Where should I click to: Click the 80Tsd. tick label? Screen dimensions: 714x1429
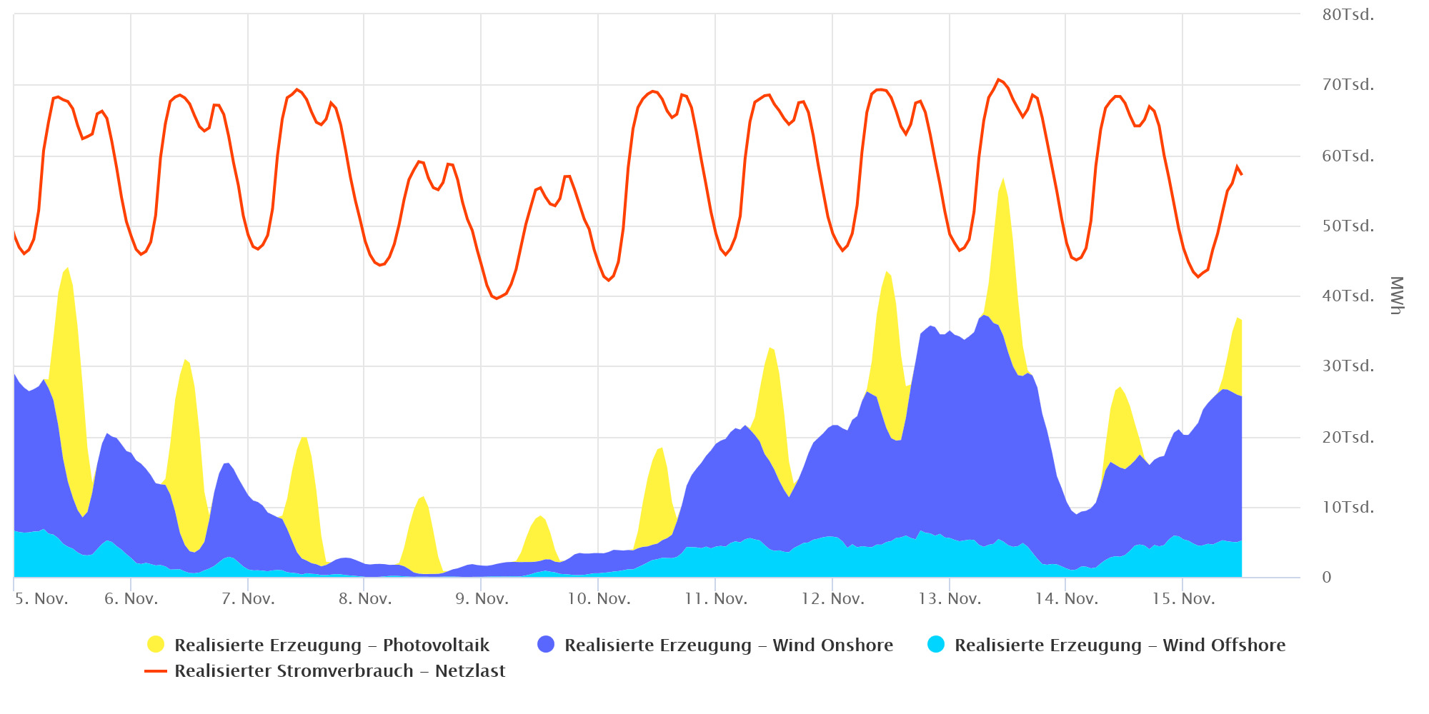point(1348,15)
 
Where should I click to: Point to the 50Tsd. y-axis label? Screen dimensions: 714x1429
point(1348,226)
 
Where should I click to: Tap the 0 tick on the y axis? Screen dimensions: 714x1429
point(1327,578)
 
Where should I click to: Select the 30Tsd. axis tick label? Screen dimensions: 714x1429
point(1348,366)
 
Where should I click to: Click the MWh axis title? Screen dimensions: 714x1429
point(1397,295)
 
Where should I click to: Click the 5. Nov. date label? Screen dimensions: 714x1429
point(41,599)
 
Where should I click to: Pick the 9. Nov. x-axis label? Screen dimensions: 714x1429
point(482,599)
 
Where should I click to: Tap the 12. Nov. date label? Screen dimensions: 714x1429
point(832,599)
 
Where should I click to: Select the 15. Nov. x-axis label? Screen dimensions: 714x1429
point(1183,599)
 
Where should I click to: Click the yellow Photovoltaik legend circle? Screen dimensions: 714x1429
point(156,645)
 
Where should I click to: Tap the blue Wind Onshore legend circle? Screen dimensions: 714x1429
point(546,645)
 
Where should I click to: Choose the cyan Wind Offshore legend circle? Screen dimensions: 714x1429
point(936,645)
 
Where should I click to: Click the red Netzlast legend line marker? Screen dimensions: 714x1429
point(156,671)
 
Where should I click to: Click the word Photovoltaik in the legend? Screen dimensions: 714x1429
point(436,645)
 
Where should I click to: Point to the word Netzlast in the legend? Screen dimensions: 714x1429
point(470,671)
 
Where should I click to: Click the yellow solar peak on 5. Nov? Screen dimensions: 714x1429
point(67,269)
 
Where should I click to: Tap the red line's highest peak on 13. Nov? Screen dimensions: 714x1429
point(998,79)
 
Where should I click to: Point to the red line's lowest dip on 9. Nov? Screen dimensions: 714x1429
point(496,298)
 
